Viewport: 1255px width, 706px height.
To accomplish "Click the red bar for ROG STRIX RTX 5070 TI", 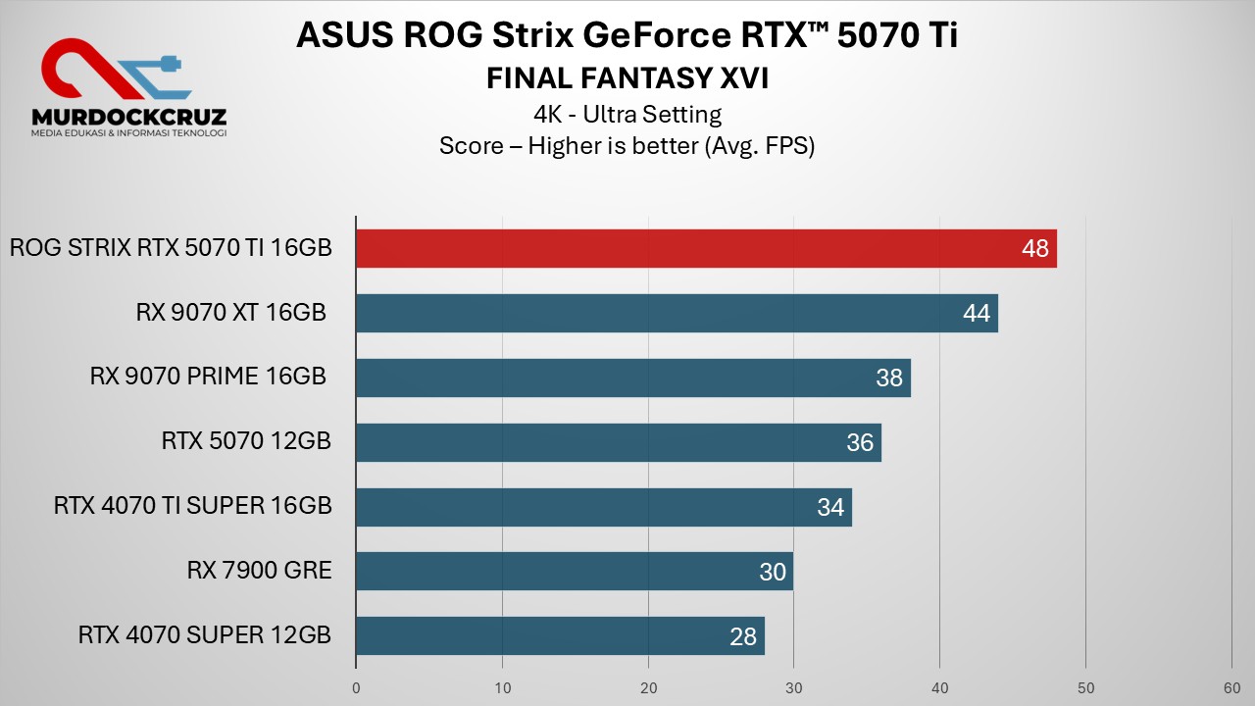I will coord(686,249).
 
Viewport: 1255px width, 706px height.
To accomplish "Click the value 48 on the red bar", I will coord(1034,249).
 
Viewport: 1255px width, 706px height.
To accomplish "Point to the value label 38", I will coord(889,378).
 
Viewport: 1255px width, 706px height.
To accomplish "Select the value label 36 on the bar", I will coord(860,443).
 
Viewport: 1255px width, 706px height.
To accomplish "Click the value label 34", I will coord(830,507).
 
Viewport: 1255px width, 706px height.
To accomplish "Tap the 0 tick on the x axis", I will coord(356,687).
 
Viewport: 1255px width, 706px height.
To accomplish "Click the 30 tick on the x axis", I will coord(794,687).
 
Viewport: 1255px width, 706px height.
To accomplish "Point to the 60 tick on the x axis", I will coord(1231,687).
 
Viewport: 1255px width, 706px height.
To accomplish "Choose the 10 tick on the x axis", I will coord(502,687).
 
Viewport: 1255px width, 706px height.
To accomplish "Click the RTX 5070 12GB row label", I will coord(246,442).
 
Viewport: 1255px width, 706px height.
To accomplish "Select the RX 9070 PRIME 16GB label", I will coord(208,378).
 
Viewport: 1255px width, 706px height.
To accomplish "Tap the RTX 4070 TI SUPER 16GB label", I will coord(193,507).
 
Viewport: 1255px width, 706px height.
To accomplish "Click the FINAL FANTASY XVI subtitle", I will coord(627,78).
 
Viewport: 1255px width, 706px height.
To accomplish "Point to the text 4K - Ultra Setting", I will coord(627,115).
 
